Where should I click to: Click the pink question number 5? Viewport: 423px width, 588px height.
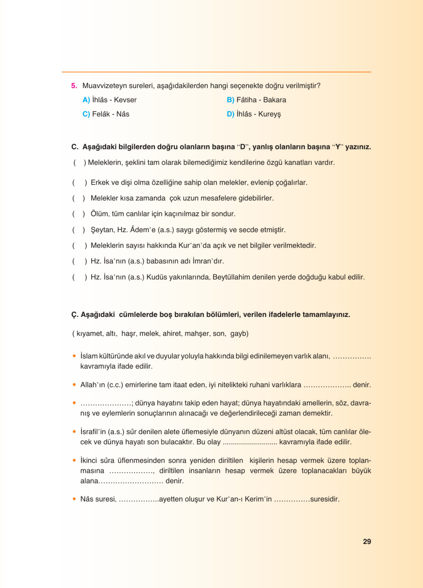pyautogui.click(x=74, y=86)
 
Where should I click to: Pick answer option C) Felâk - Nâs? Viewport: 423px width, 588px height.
pyautogui.click(x=106, y=114)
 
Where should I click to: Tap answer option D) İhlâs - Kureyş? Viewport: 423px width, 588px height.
pyautogui.click(x=254, y=114)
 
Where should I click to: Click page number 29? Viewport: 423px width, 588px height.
pyautogui.click(x=367, y=542)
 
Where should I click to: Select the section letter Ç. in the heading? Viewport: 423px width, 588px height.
pyautogui.click(x=75, y=315)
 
